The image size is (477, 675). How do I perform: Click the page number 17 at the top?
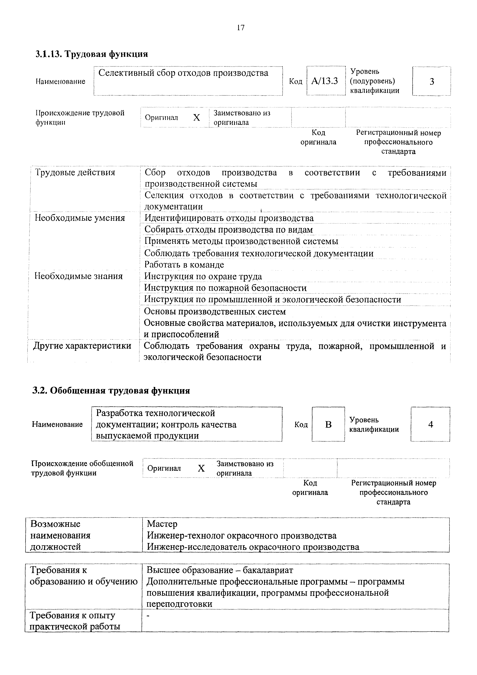tap(240, 28)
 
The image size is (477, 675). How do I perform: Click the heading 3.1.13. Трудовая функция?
tap(91, 54)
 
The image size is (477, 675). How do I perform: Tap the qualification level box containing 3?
tap(431, 81)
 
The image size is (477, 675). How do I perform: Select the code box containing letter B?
tap(328, 424)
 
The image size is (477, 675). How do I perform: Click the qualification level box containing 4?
tap(430, 424)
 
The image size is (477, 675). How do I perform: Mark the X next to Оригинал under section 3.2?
tap(201, 468)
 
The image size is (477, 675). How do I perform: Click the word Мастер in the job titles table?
tap(162, 524)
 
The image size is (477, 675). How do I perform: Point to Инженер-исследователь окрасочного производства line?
tap(253, 547)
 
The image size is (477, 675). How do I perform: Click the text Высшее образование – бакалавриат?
tap(220, 570)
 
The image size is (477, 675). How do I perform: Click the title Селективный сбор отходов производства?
tap(183, 73)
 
